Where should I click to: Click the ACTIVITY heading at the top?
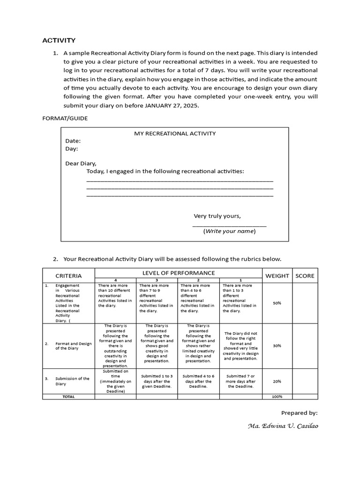point(59,40)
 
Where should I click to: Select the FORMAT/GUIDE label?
point(65,119)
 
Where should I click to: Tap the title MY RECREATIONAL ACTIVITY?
point(175,134)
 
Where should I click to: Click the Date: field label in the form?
point(73,141)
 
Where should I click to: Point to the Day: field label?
point(72,149)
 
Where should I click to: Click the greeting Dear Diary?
point(81,164)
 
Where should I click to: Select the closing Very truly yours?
point(217,216)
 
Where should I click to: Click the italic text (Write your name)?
point(229,231)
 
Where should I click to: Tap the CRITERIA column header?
point(68,276)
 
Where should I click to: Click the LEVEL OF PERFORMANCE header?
point(179,273)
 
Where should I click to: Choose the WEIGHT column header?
point(277,276)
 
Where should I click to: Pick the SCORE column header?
point(305,276)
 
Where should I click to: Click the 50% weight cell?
point(277,303)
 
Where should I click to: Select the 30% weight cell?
point(277,345)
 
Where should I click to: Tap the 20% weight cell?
point(277,381)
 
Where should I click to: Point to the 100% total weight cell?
point(277,397)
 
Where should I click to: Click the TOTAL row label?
point(68,397)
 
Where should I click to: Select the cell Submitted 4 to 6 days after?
point(198,381)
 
